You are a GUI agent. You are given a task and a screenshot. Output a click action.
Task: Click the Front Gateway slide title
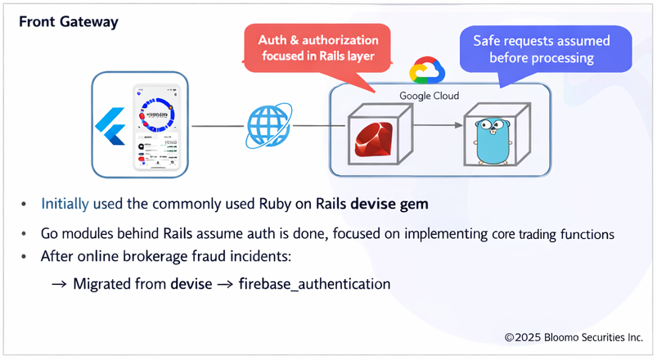pos(69,22)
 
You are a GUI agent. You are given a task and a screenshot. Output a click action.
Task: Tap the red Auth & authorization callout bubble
pos(318,48)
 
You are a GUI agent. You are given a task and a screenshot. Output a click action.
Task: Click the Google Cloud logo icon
pos(426,72)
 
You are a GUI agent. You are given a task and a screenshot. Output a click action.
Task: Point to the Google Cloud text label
pos(429,96)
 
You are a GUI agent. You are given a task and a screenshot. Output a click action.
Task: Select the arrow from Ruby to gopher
pos(433,126)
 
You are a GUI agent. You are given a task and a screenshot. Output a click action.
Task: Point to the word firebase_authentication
pos(314,284)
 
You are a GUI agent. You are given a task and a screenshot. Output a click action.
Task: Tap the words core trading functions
pos(553,234)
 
